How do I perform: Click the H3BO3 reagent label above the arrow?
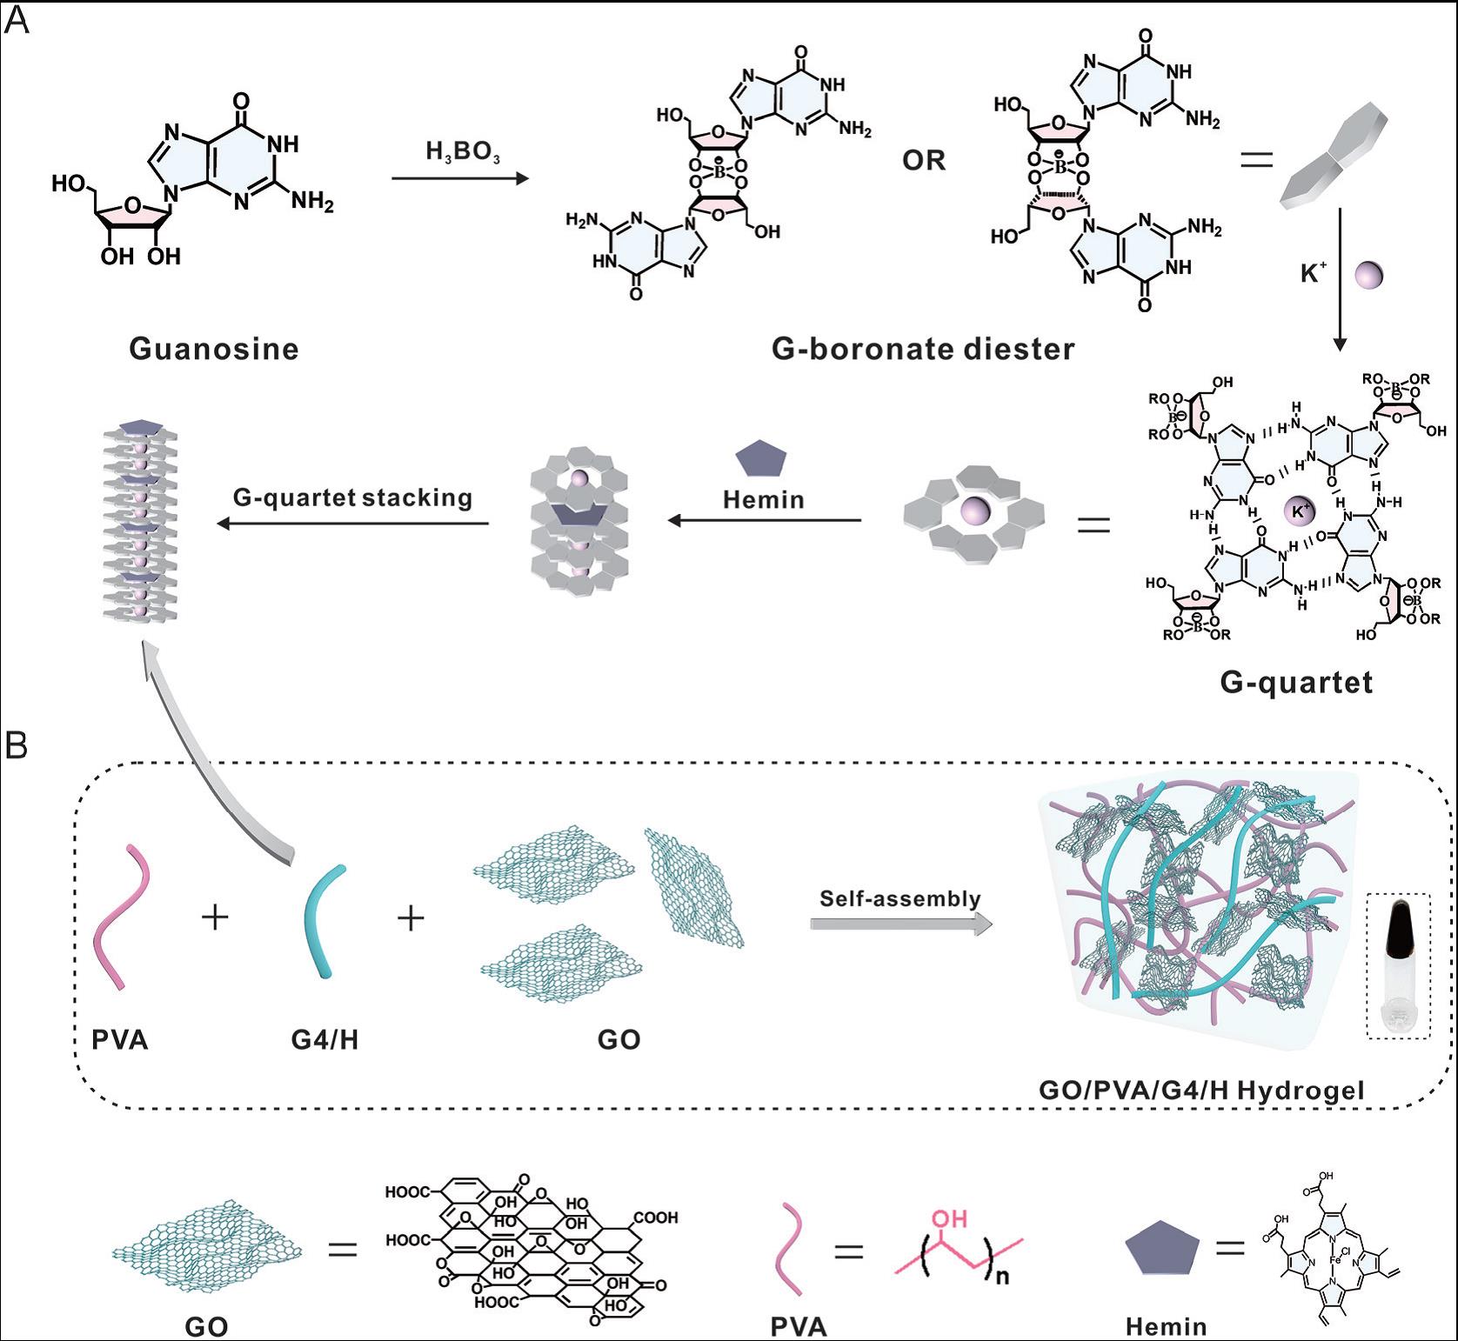[462, 152]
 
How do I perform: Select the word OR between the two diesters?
[923, 161]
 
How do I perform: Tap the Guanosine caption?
[214, 349]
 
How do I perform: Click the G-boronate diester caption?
[923, 349]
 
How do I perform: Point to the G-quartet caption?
[1296, 682]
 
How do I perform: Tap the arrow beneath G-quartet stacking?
[352, 524]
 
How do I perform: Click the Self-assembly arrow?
[900, 924]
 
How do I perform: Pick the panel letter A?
[17, 20]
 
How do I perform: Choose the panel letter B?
[17, 745]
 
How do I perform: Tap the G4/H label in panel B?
[324, 1039]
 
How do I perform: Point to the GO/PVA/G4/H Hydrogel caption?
[1201, 1090]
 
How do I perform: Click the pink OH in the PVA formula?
[949, 1218]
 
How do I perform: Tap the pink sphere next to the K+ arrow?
[1369, 275]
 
